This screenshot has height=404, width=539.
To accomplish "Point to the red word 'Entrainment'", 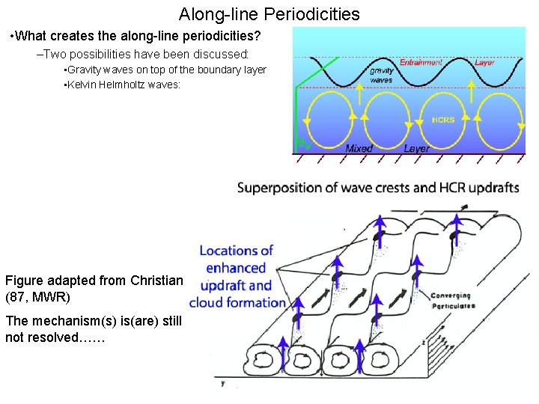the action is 421,62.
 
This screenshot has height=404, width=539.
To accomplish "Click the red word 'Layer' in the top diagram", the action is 484,62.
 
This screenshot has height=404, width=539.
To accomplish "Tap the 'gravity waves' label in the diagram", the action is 381,75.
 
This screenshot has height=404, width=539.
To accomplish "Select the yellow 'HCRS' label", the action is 443,120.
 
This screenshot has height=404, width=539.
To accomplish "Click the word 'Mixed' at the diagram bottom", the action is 359,148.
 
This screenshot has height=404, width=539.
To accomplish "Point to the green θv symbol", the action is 302,141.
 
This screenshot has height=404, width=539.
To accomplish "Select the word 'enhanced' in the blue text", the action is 236,268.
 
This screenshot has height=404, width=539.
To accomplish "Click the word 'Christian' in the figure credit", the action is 156,281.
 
